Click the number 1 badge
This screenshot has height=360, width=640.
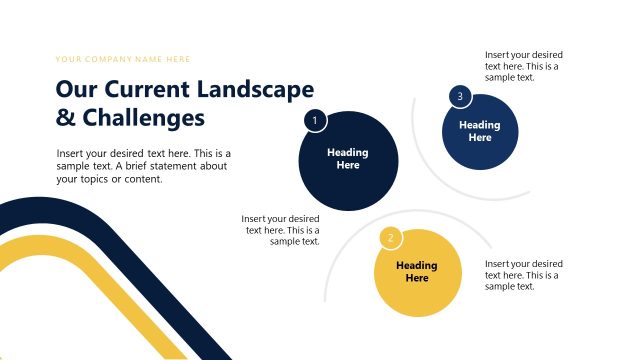[315, 121]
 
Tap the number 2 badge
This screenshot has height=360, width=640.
[391, 238]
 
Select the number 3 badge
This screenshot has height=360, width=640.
[459, 96]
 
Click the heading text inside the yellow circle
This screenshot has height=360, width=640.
[417, 272]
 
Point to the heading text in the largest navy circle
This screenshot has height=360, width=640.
[348, 159]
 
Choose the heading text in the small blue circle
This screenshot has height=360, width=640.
[480, 131]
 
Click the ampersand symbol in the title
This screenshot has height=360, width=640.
[65, 119]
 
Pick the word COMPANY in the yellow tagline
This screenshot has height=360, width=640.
[109, 59]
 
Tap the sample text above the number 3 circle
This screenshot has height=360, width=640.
[524, 66]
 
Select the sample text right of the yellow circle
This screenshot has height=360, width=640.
[524, 274]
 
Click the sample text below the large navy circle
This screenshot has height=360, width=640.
[282, 230]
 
